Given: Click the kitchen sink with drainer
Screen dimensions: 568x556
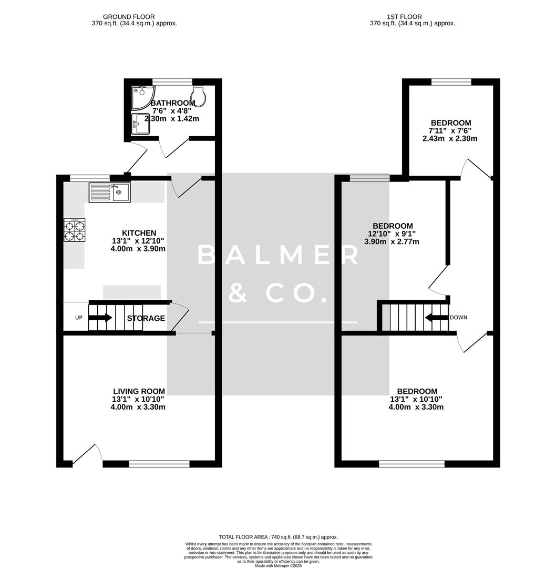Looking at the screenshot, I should click(109, 192).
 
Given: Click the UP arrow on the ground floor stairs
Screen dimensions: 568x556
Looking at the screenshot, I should click(100, 318).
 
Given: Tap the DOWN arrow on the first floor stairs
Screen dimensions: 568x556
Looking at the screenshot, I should click(436, 317).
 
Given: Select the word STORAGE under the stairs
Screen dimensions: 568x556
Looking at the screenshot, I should click(146, 318).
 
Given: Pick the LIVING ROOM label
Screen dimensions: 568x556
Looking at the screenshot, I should click(139, 391).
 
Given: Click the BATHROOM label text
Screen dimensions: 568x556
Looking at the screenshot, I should click(173, 103).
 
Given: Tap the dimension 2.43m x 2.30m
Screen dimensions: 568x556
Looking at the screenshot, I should click(449, 139).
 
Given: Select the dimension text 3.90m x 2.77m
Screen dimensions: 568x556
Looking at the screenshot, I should click(392, 242).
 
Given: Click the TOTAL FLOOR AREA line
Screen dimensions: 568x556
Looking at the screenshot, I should click(278, 537).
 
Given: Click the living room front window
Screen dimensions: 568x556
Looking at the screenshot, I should click(159, 464).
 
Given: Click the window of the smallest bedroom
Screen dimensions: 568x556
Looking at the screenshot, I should click(451, 82).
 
